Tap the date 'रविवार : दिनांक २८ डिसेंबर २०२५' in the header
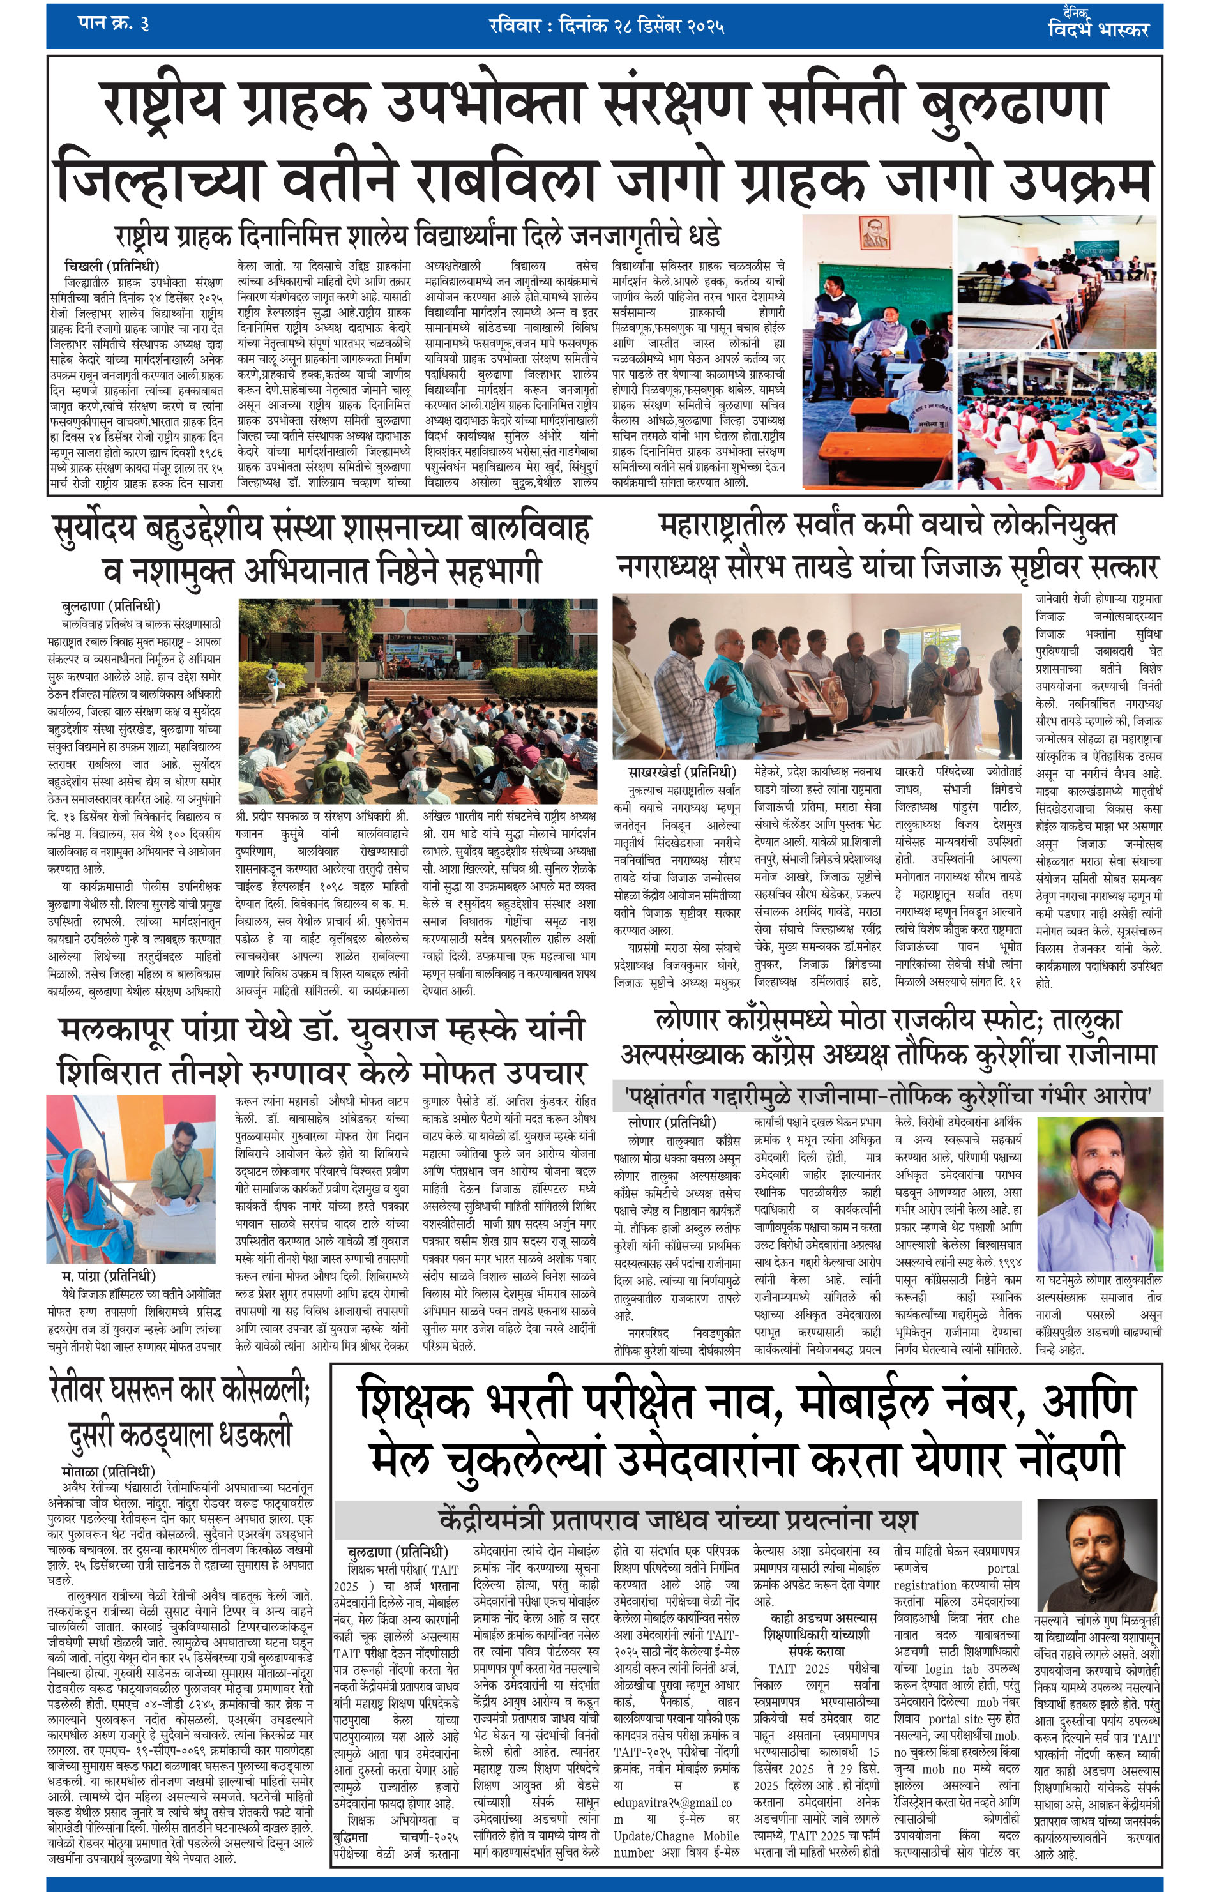[x=605, y=26]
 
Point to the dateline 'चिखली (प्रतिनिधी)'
[x=111, y=266]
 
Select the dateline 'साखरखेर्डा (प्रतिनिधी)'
[x=681, y=771]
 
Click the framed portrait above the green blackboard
[x=869, y=236]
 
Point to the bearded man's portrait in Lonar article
[x=1097, y=1189]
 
